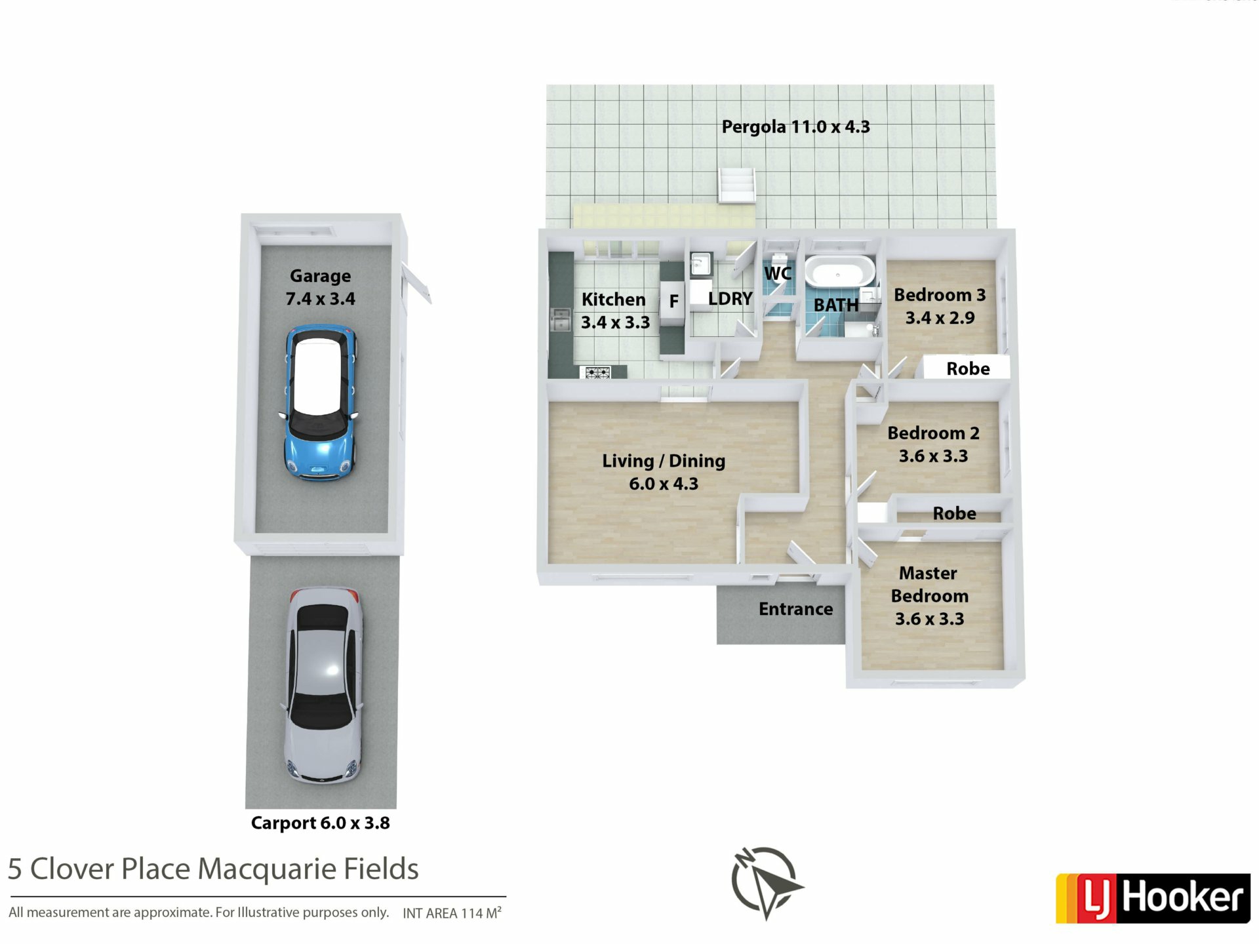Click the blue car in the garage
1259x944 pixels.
(x=321, y=403)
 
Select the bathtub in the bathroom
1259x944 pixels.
(x=839, y=271)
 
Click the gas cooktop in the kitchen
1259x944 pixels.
(x=597, y=372)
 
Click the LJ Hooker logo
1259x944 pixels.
(x=1153, y=898)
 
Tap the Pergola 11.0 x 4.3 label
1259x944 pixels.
(x=795, y=127)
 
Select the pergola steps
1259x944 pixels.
(x=737, y=185)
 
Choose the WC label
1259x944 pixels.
(x=778, y=273)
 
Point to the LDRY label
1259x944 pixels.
(x=730, y=299)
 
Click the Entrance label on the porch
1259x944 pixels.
(x=795, y=609)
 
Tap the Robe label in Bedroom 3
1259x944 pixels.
(x=968, y=368)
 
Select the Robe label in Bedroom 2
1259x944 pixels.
(x=954, y=513)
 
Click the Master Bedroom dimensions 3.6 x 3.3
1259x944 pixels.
(x=929, y=619)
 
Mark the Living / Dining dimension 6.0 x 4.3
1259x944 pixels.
(x=664, y=484)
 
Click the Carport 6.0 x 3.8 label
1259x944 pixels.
(x=320, y=823)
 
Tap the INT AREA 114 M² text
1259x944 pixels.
(x=452, y=913)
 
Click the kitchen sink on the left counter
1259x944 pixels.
(x=560, y=321)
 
